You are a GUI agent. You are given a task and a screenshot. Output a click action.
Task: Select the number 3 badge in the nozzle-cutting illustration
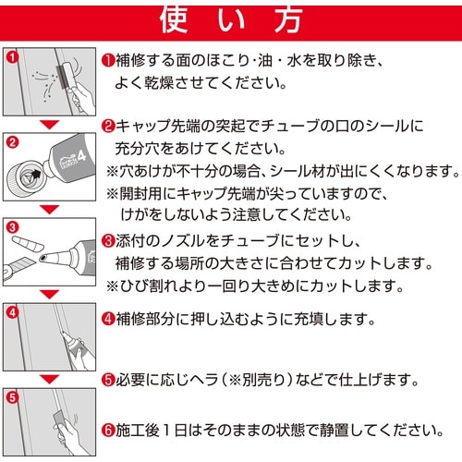[12, 227]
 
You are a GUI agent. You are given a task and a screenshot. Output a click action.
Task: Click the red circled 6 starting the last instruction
[107, 430]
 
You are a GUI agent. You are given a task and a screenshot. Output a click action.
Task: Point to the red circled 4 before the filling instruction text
[107, 320]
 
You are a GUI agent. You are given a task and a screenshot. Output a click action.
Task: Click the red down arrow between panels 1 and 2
[50, 123]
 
